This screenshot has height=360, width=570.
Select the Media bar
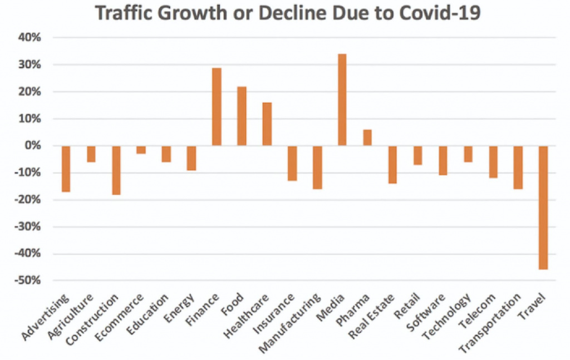coord(342,100)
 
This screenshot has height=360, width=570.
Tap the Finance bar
coord(217,107)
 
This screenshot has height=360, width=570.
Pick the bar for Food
coord(242,116)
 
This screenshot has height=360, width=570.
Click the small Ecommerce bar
coord(141,150)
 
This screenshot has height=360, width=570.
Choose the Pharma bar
coord(367,138)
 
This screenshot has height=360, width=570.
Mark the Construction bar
coord(116,170)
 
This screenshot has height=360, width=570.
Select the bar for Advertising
coord(66,169)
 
